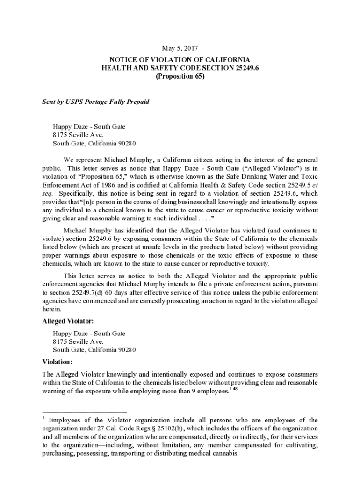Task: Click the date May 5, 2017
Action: point(180,48)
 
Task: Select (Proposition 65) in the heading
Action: point(180,77)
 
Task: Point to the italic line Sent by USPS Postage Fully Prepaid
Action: point(96,102)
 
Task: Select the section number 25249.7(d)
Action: point(87,292)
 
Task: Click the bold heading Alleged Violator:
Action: point(68,321)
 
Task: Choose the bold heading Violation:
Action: point(58,362)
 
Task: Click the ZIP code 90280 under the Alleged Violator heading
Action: point(127,350)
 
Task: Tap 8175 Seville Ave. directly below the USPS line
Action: point(78,135)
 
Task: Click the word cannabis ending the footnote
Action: point(224,454)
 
